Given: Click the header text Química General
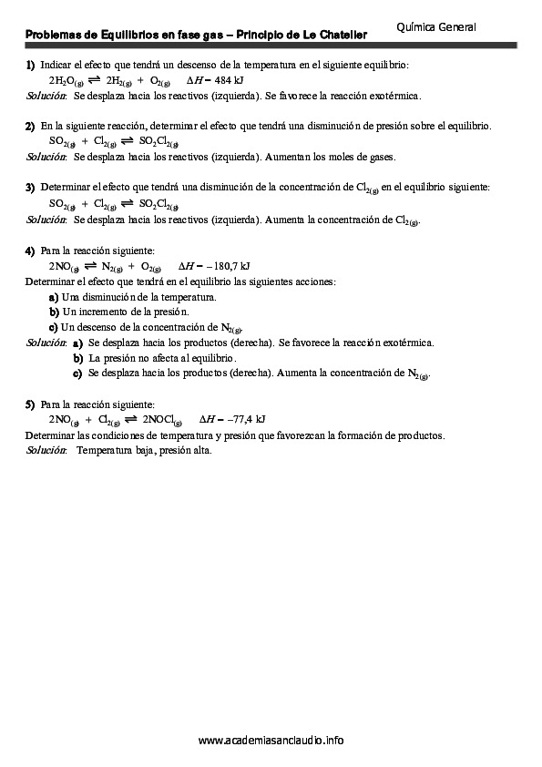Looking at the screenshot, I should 437,29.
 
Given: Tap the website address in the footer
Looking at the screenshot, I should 271,740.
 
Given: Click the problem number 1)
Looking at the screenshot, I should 30,66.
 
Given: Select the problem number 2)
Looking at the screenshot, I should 30,126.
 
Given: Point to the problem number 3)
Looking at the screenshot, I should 30,188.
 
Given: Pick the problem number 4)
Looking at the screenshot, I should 30,251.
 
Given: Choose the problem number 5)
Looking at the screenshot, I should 30,404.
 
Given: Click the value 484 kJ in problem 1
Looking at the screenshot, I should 231,80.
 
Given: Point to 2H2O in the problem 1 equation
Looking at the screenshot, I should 66,81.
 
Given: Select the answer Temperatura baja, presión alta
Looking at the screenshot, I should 144,450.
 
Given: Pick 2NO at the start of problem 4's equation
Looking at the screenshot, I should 63,267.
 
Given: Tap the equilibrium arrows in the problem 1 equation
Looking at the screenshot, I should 95,80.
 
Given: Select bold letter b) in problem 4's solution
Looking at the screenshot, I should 78,358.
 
